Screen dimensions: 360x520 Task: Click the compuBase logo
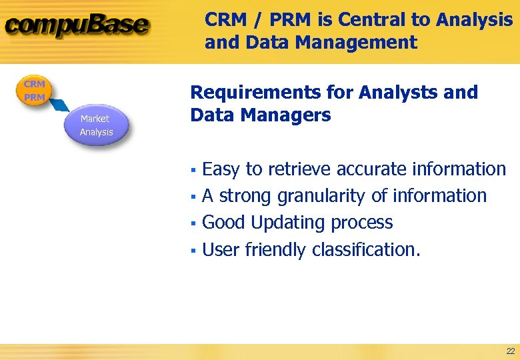click(x=77, y=27)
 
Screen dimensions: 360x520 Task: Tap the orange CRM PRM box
click(x=34, y=91)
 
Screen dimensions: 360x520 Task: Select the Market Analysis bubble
click(x=96, y=125)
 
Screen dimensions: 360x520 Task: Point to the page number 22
click(x=510, y=351)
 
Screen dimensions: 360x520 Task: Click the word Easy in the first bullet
click(x=221, y=169)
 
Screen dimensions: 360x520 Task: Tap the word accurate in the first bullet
click(x=371, y=169)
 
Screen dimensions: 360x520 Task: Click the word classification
click(x=366, y=250)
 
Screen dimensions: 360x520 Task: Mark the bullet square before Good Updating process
click(x=192, y=223)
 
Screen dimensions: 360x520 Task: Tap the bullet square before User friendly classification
click(x=192, y=251)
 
